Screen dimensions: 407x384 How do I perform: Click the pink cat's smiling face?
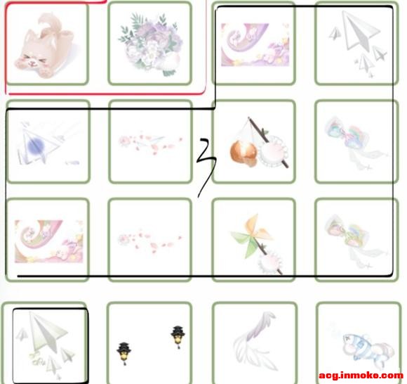32,61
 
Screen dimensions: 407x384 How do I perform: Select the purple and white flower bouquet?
151,44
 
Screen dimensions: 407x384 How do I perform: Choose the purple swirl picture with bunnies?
255,45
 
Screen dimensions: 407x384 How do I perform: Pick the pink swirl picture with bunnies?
49,241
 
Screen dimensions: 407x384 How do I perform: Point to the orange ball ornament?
243,153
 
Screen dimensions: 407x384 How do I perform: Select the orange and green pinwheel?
251,236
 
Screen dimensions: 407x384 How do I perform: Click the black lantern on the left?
124,353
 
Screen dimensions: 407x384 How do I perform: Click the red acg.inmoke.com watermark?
361,376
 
